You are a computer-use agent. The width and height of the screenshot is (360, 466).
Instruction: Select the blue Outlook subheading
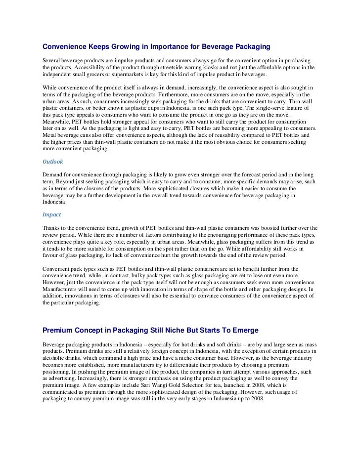[53, 161]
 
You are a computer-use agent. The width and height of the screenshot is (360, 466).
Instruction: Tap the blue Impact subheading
[52, 215]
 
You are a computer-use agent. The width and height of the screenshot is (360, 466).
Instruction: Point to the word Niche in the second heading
[184, 330]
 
